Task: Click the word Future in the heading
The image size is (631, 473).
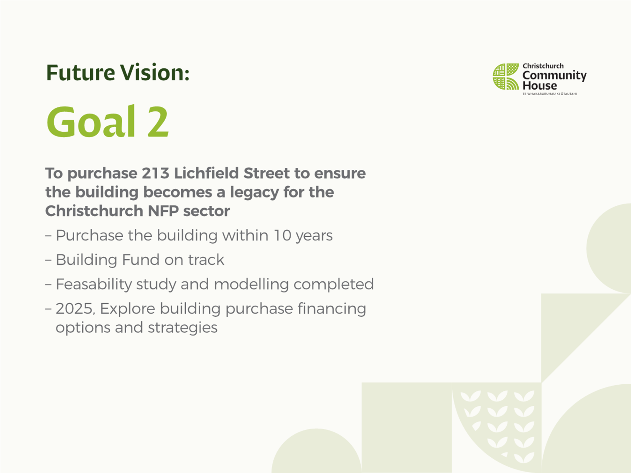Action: pyautogui.click(x=80, y=72)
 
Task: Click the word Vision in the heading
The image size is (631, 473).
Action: pyautogui.click(x=152, y=72)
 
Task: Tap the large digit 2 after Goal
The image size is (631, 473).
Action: pyautogui.click(x=158, y=122)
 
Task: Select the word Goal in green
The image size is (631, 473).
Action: pyautogui.click(x=91, y=121)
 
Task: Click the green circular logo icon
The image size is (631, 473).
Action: pyautogui.click(x=506, y=77)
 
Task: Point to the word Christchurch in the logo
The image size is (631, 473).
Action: pyautogui.click(x=543, y=66)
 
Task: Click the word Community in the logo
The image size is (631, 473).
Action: pyautogui.click(x=554, y=76)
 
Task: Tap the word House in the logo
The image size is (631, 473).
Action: pyautogui.click(x=540, y=85)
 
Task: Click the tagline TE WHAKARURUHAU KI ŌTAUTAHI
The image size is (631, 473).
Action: pyautogui.click(x=550, y=94)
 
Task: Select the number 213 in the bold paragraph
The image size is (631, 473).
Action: pyautogui.click(x=155, y=173)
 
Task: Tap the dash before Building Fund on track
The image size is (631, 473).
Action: pyautogui.click(x=48, y=260)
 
